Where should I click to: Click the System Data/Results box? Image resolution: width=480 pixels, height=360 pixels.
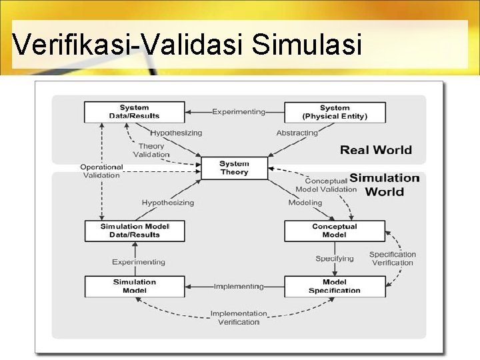click(x=134, y=112)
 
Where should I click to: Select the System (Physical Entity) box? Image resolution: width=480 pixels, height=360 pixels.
click(x=335, y=112)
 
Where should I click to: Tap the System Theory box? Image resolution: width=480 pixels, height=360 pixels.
click(x=234, y=168)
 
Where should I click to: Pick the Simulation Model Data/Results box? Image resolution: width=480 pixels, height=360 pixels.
click(x=134, y=231)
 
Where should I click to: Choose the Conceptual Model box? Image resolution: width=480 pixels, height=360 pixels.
click(x=334, y=231)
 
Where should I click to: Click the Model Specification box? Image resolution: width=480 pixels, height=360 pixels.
click(x=335, y=286)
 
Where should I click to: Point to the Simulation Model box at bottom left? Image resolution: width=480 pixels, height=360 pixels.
click(x=134, y=286)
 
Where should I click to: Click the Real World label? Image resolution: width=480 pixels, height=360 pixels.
click(x=376, y=150)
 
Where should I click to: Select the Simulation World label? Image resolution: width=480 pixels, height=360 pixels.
click(x=385, y=185)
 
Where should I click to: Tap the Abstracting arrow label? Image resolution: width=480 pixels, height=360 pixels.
click(x=297, y=133)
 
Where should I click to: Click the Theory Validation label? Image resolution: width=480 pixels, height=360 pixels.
click(x=151, y=150)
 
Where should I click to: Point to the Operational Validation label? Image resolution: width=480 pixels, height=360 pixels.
click(x=101, y=171)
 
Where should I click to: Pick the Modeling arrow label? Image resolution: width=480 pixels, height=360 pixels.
click(x=305, y=203)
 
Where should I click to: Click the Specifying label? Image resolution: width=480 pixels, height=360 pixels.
click(x=335, y=259)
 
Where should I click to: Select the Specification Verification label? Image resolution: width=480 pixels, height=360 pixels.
click(x=393, y=258)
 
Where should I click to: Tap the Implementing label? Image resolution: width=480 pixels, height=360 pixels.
click(x=239, y=287)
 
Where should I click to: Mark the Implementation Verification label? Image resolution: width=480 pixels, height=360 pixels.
click(x=239, y=317)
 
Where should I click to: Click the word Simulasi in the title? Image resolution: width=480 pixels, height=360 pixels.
click(x=307, y=45)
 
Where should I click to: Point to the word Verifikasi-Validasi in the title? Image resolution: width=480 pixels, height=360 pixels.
click(x=127, y=45)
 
